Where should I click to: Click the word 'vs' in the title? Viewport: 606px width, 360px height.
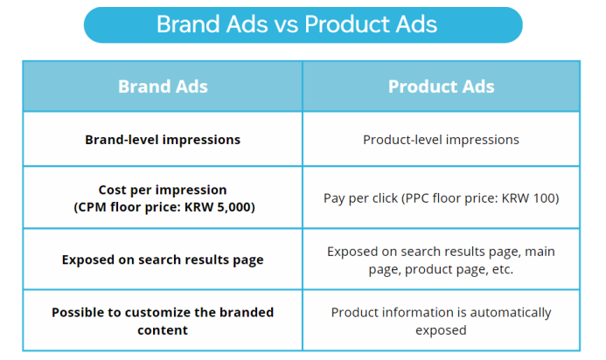pos(286,24)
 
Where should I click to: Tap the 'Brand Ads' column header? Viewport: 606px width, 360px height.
pos(163,87)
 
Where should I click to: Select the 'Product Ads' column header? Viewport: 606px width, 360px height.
pos(441,87)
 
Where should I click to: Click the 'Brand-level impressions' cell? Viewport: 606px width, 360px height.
pos(163,140)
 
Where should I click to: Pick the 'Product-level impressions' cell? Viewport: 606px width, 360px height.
pos(441,140)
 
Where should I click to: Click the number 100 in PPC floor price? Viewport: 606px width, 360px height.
pos(544,198)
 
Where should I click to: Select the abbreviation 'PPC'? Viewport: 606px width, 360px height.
pos(416,198)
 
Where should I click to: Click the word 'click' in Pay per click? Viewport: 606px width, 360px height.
pos(387,198)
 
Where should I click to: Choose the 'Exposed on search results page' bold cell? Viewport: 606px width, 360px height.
pos(163,260)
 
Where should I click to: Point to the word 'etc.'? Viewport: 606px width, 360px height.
pos(503,269)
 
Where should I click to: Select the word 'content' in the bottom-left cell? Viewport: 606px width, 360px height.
pos(163,330)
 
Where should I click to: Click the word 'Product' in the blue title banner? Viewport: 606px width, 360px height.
pos(346,24)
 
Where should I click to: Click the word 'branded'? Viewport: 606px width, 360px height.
pos(247,312)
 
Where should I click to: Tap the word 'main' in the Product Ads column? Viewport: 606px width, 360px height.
pos(540,252)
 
